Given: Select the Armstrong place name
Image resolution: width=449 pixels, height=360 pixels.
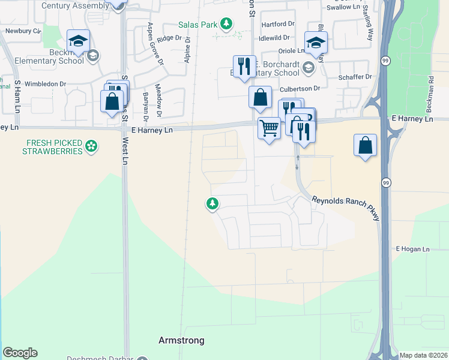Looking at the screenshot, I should [x=181, y=340].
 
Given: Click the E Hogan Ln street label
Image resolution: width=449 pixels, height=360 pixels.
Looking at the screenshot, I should [x=412, y=249].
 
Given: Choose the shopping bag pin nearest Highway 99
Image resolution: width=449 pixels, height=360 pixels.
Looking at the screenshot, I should [x=366, y=145].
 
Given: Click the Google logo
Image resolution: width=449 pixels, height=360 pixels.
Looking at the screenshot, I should [x=20, y=353].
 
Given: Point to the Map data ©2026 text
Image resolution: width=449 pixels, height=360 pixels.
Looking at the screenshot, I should [x=423, y=355].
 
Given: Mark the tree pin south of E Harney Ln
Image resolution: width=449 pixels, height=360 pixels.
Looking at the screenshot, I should [x=212, y=205].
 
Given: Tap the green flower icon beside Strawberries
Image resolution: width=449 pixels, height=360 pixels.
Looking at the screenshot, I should [x=91, y=145].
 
